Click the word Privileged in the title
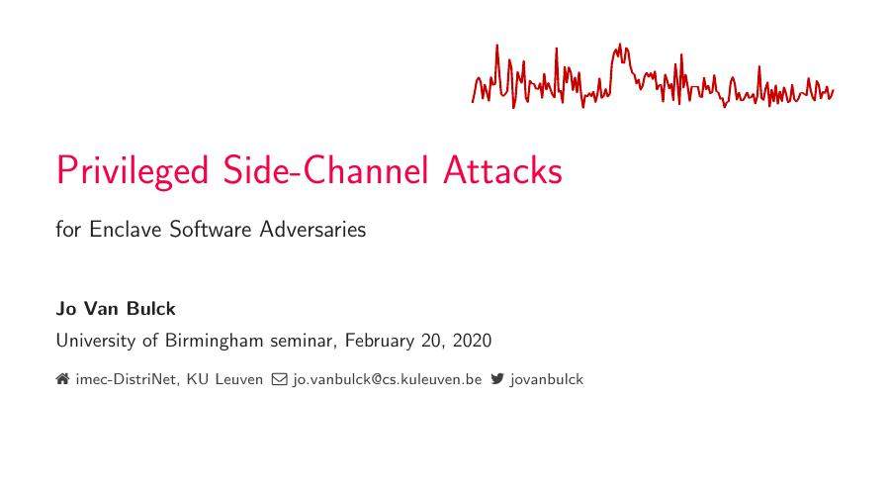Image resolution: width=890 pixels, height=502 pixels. click(x=132, y=171)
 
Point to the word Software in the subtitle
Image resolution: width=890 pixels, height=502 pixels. click(x=211, y=230)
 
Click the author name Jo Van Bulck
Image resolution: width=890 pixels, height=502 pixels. click(x=116, y=308)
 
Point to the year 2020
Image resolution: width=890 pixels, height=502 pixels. click(x=471, y=341)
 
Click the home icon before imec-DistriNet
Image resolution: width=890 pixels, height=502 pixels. click(x=62, y=378)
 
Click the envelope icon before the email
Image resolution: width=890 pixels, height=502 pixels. click(x=280, y=378)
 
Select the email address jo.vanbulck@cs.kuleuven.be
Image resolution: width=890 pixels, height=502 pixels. click(x=387, y=379)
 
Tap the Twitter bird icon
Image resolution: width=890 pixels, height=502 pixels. click(x=497, y=378)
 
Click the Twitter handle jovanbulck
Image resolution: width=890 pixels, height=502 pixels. click(x=547, y=379)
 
